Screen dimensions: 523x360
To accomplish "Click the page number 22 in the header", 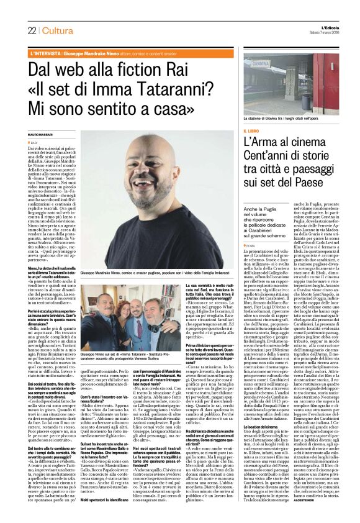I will (32, 31).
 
